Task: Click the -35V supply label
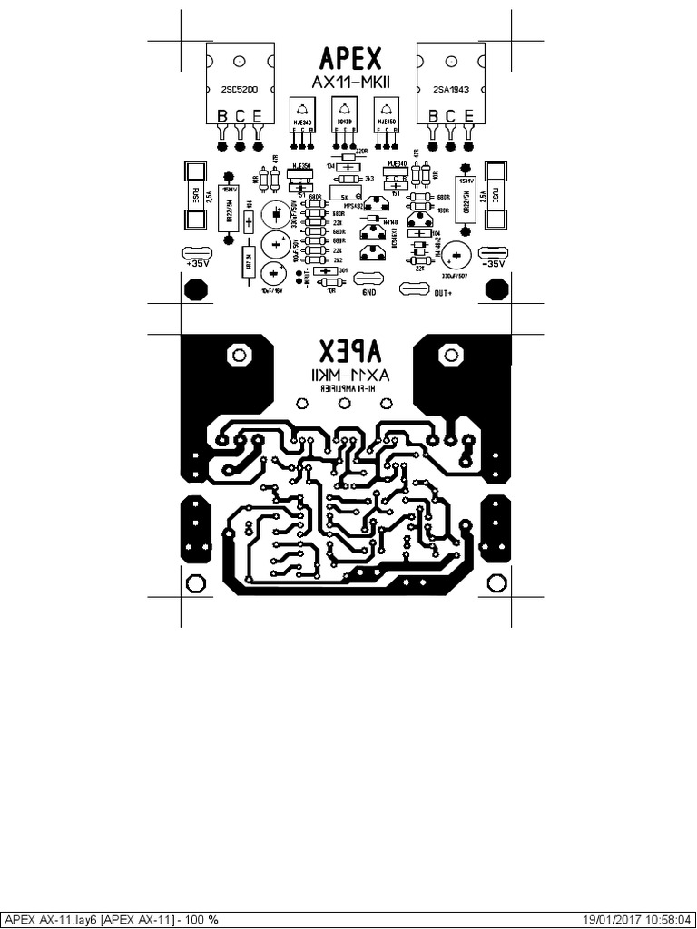point(494,263)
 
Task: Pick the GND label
point(369,293)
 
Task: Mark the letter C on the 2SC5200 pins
point(240,115)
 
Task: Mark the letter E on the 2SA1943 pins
point(468,115)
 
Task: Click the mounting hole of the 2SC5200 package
point(240,62)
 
